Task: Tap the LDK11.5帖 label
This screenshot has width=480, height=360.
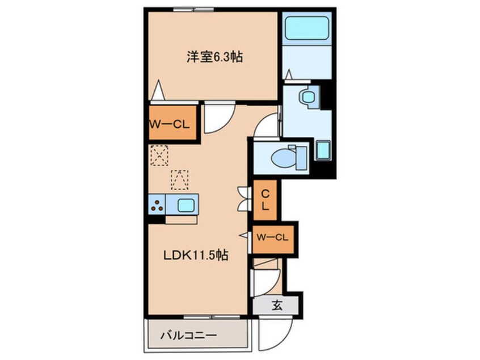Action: tap(196, 256)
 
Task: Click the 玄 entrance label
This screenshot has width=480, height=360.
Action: tap(276, 305)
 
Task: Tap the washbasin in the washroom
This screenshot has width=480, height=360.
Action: tap(309, 97)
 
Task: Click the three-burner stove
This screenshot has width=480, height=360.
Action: tap(157, 205)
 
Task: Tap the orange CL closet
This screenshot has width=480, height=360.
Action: tap(265, 200)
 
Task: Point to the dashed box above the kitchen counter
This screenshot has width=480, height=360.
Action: tap(179, 179)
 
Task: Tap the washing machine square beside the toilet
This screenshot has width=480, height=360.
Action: tap(323, 151)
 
